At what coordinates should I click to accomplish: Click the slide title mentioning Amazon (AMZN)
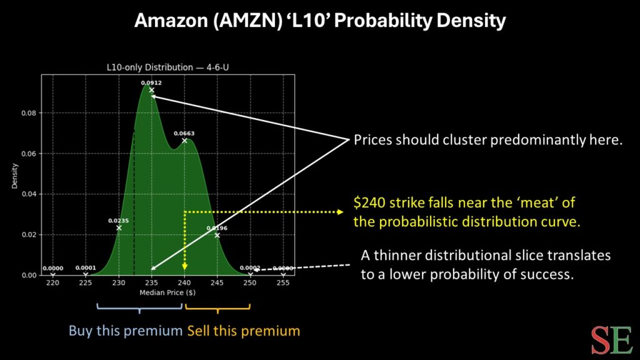[x=320, y=21]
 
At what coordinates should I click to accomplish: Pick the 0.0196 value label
[x=217, y=228]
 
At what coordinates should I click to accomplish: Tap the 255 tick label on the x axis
[x=283, y=283]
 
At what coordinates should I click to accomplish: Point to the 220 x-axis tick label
[x=52, y=283]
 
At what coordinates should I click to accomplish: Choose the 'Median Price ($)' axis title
[x=167, y=292]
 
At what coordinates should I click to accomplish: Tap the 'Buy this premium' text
[x=126, y=330]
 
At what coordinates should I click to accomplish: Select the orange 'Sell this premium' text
[x=243, y=330]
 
